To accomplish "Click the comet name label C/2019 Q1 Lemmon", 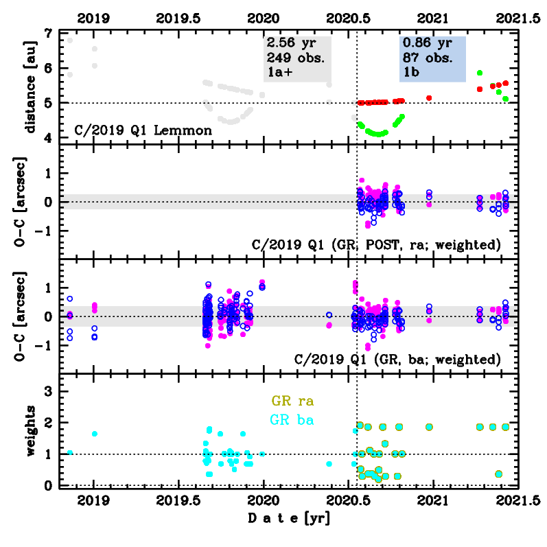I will pos(143,130).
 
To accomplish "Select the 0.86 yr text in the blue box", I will pos(427,42).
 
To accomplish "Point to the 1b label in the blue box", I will pos(411,71).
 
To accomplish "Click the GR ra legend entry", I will pos(298,401).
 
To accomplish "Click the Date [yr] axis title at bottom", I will pos(288,519).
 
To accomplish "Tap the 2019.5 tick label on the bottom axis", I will pos(178,502).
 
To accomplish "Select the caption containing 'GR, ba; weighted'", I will pos(396,358).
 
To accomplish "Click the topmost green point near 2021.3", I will pos(480,72).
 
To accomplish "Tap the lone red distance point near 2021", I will pos(429,98).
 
